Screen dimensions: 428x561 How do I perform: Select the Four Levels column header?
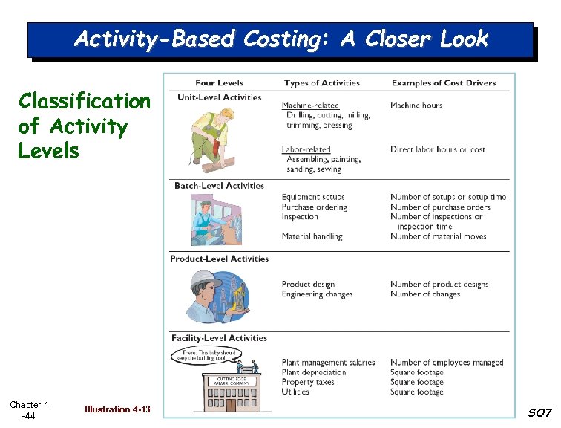pyautogui.click(x=219, y=82)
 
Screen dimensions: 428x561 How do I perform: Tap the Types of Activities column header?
pyautogui.click(x=321, y=82)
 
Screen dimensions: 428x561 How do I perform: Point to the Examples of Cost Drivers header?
pyautogui.click(x=444, y=82)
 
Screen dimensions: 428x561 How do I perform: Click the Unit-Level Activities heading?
pyautogui.click(x=219, y=97)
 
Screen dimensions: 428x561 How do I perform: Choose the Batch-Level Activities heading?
pyautogui.click(x=219, y=186)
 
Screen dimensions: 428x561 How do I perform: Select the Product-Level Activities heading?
pyautogui.click(x=219, y=259)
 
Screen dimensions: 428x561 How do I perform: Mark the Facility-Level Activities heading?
pyautogui.click(x=219, y=338)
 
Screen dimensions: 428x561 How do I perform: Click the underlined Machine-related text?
pyautogui.click(x=310, y=106)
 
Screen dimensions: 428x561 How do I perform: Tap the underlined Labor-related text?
pyautogui.click(x=306, y=149)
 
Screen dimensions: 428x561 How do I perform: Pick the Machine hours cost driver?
pyautogui.click(x=416, y=106)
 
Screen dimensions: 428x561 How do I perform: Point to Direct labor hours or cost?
pyautogui.click(x=438, y=149)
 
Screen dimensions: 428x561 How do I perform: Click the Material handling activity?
pyautogui.click(x=312, y=236)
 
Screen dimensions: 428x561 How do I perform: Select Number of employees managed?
pyautogui.click(x=447, y=363)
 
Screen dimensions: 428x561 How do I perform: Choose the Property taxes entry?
pyautogui.click(x=308, y=382)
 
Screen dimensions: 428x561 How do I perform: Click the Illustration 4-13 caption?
pyautogui.click(x=117, y=409)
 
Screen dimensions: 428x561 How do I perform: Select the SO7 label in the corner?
pyautogui.click(x=539, y=412)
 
